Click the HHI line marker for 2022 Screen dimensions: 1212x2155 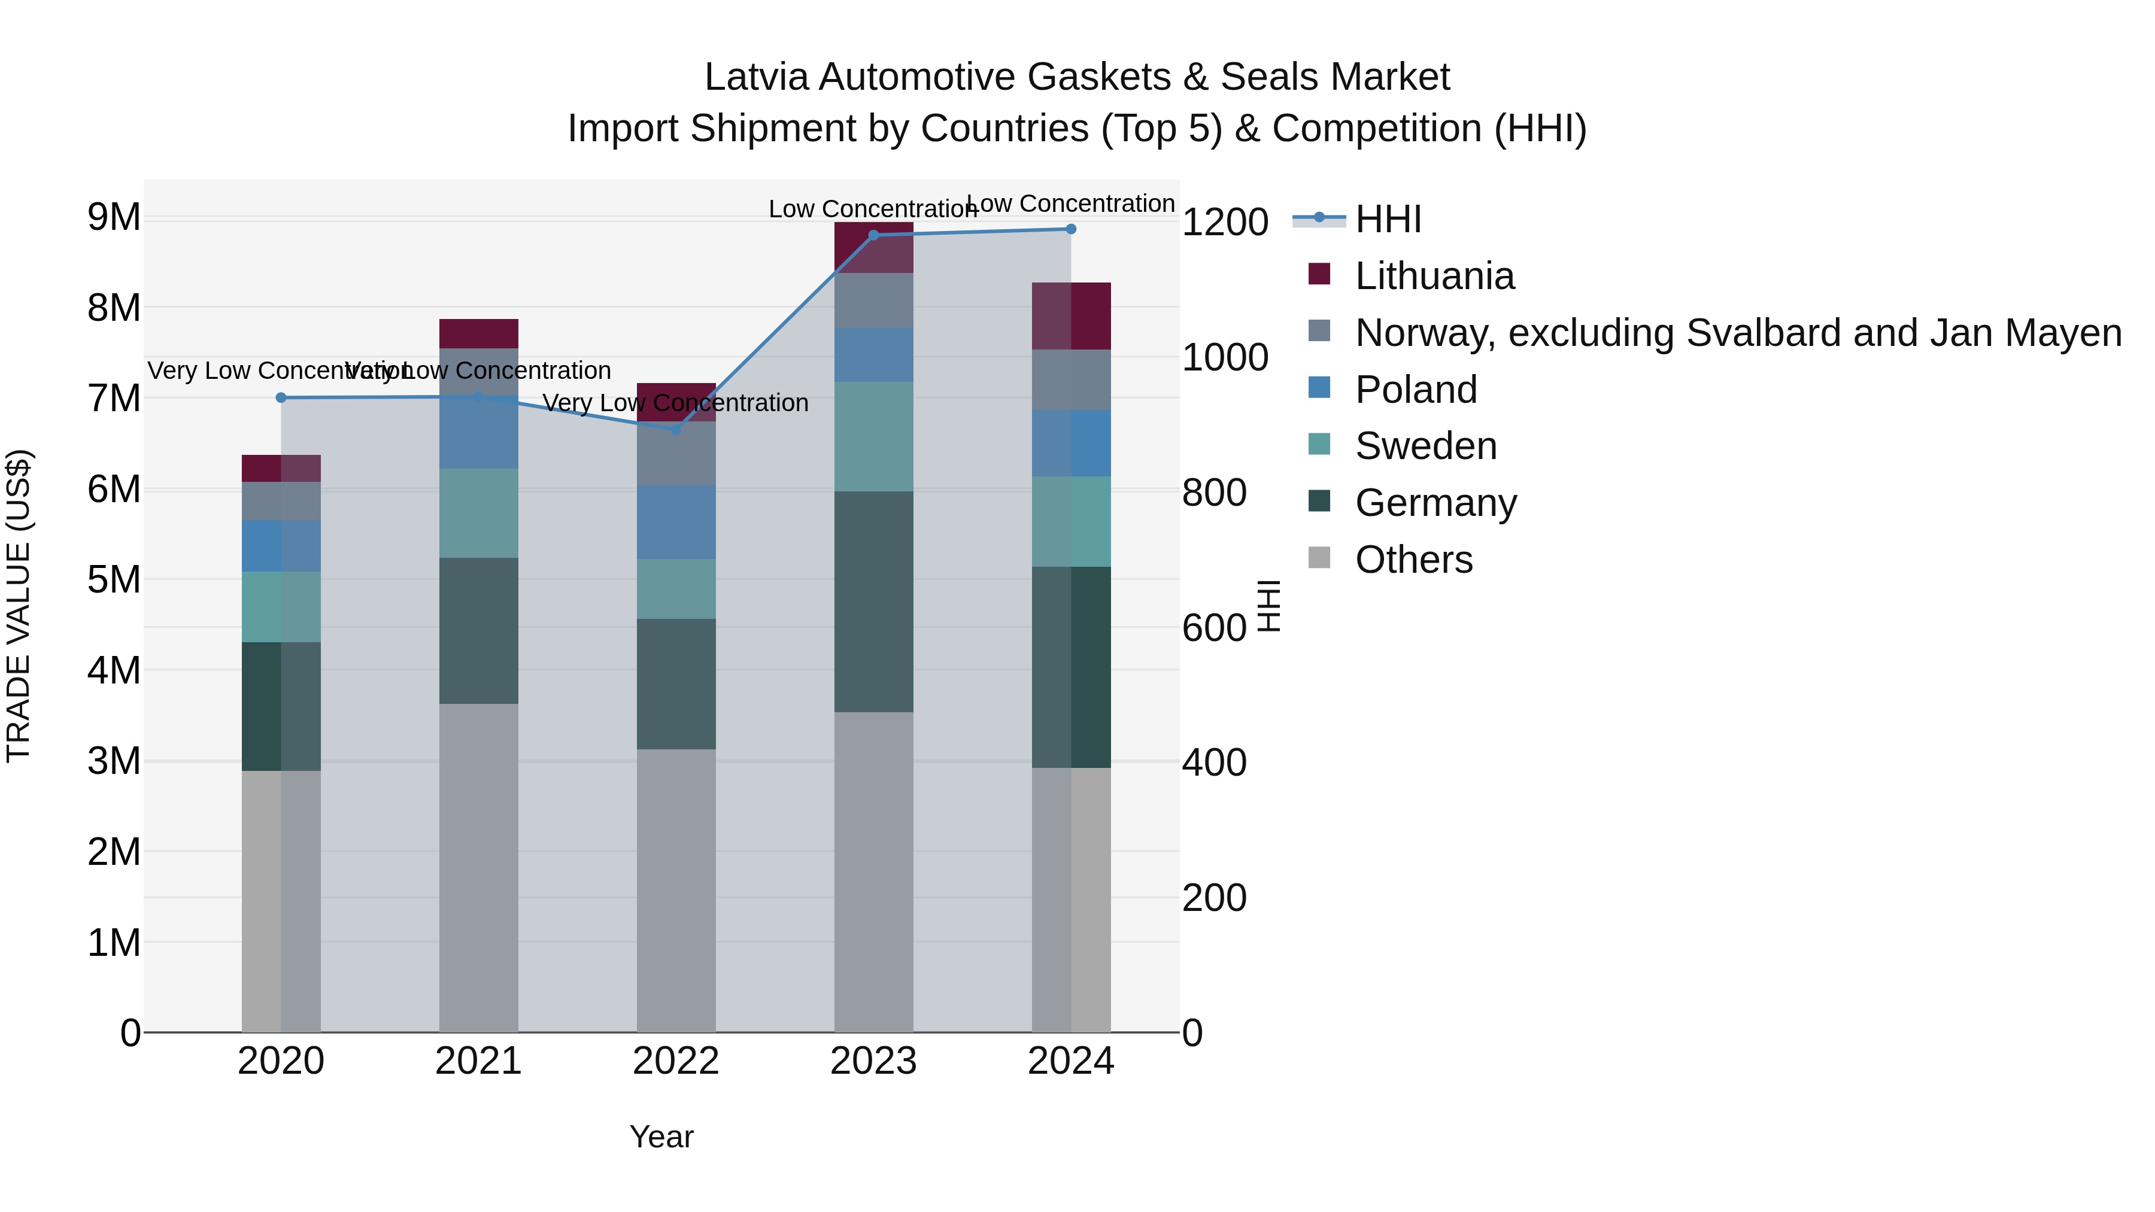(676, 429)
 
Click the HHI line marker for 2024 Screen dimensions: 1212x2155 (1071, 229)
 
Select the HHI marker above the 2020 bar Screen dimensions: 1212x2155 (281, 397)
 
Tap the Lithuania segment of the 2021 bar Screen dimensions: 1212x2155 (478, 333)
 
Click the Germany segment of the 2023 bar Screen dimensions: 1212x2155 (873, 602)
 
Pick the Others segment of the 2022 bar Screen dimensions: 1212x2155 (676, 890)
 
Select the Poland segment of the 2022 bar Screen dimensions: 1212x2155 (676, 522)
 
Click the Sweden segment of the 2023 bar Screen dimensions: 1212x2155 (873, 437)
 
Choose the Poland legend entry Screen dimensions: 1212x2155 (1416, 390)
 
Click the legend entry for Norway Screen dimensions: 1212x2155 (1737, 333)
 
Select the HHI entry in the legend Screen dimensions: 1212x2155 (1387, 219)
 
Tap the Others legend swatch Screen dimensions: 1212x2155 (1319, 558)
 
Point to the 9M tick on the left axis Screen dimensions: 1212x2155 (114, 217)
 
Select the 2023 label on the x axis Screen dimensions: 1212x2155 (873, 1061)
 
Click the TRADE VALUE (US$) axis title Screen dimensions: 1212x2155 (19, 606)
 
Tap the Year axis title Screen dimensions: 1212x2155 (661, 1137)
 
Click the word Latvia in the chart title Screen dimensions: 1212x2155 (755, 77)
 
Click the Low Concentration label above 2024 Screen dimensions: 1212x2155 (1071, 203)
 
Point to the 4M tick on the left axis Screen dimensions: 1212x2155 (114, 670)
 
